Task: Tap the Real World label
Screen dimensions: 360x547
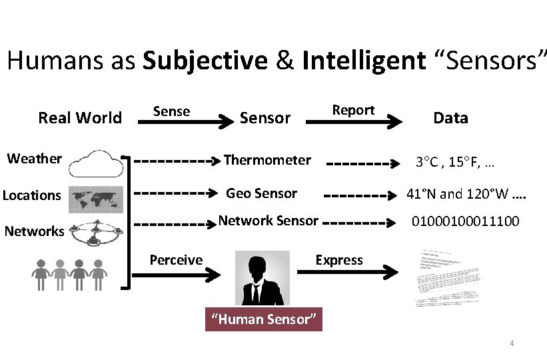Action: point(80,119)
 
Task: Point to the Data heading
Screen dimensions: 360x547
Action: point(450,119)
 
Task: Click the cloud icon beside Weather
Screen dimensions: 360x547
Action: point(95,162)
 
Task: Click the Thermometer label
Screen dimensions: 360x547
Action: point(267,160)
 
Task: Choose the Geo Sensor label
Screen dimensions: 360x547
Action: point(261,193)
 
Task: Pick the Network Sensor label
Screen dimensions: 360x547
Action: point(269,221)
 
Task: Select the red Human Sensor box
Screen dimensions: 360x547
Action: point(263,319)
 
